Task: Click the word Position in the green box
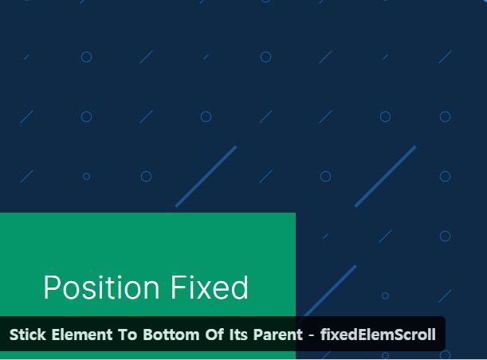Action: click(x=101, y=287)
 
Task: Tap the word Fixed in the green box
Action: click(x=210, y=287)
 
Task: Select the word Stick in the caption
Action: click(x=28, y=335)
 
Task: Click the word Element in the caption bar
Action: click(x=82, y=335)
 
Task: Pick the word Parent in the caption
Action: click(x=278, y=335)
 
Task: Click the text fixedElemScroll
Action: click(x=378, y=335)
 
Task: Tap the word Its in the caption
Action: click(x=238, y=335)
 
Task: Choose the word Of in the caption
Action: click(x=214, y=335)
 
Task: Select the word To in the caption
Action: click(x=128, y=335)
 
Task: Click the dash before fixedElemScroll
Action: click(x=312, y=335)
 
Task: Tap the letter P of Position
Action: click(x=51, y=287)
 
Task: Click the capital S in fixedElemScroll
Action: click(x=391, y=335)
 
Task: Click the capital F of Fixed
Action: click(x=179, y=287)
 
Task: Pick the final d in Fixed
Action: click(x=240, y=287)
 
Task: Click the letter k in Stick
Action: click(x=42, y=335)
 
